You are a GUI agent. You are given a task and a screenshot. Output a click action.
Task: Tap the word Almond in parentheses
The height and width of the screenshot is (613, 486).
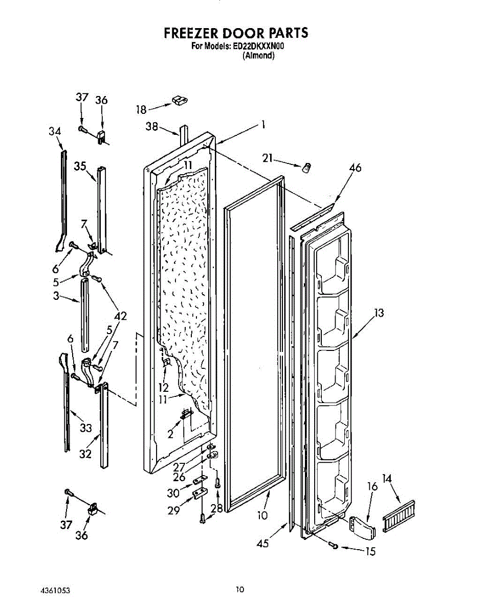(258, 56)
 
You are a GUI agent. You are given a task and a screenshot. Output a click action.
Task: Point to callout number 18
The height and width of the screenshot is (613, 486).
(141, 109)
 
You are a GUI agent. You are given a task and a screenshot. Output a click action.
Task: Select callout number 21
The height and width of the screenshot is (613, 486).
(267, 158)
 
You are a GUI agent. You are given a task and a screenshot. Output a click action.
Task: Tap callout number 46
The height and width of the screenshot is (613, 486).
(355, 167)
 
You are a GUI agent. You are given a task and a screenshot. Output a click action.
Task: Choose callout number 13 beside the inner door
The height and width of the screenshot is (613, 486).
(379, 313)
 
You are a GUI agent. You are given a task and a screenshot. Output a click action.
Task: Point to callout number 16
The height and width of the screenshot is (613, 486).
(372, 486)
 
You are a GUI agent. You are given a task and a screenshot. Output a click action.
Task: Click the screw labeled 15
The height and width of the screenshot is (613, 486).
(334, 547)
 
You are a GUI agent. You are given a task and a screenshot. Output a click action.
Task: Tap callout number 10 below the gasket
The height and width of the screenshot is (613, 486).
(262, 515)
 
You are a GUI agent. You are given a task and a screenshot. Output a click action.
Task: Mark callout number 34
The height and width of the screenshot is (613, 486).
(55, 131)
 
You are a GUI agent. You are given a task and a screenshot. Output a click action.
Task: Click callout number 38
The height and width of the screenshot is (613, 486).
(152, 127)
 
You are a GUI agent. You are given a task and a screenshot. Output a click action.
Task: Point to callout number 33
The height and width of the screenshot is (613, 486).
(85, 428)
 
